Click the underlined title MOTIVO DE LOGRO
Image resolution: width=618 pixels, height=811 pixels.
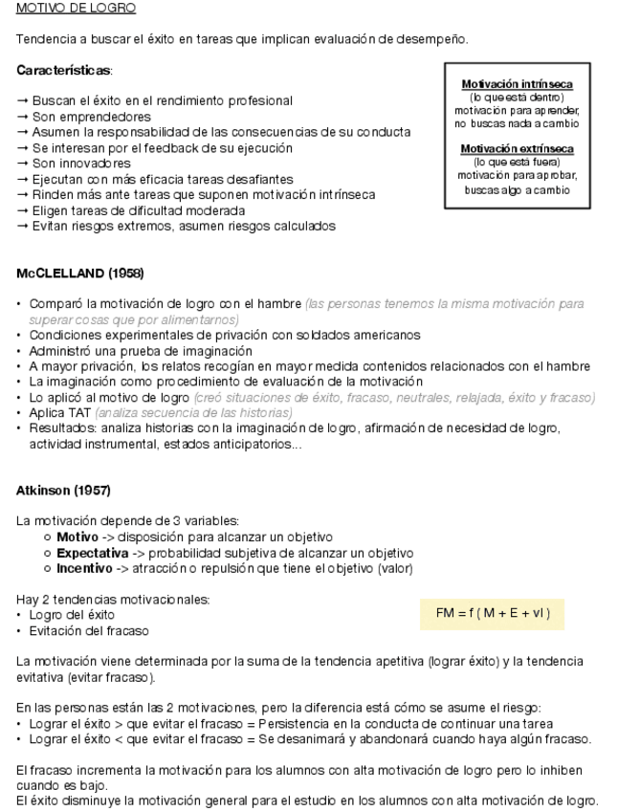coord(77,9)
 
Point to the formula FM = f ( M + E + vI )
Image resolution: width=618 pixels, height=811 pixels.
coord(494,612)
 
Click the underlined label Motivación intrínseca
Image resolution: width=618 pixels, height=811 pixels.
coord(517,84)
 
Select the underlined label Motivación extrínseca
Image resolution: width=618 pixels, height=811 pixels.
coord(517,148)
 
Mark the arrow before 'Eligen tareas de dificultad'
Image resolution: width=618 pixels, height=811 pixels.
coord(22,210)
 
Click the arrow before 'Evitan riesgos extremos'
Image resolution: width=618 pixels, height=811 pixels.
coord(22,226)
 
